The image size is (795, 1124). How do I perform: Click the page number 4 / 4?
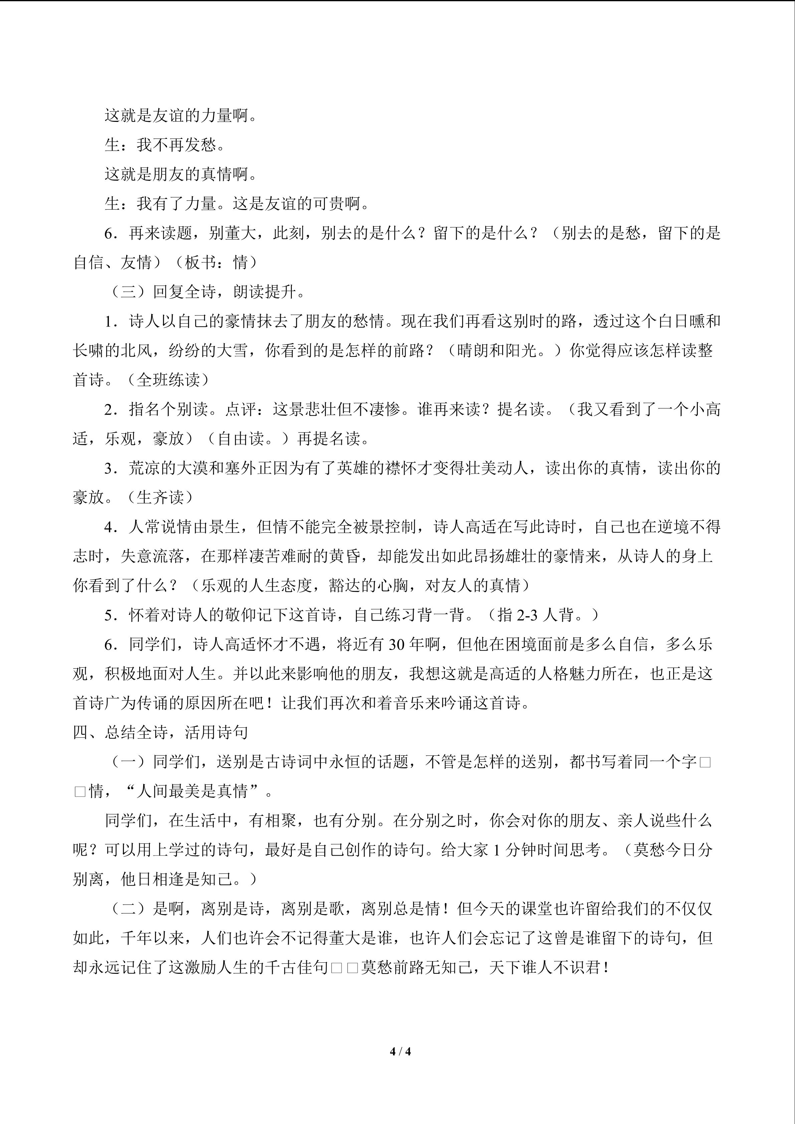click(400, 1051)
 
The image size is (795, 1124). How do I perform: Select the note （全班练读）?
click(168, 380)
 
